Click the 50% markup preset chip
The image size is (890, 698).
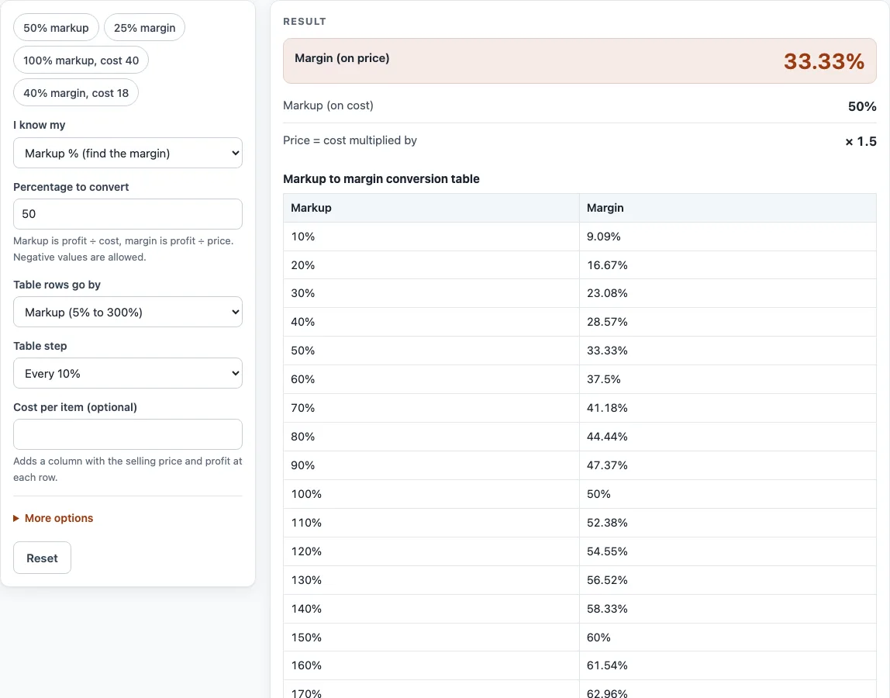tap(56, 28)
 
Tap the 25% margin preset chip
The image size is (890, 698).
tap(145, 28)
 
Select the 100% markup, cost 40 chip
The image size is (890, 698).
tap(81, 60)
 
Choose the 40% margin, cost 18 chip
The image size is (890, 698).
tap(76, 92)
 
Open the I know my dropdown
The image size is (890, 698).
tap(128, 153)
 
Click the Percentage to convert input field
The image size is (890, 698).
tap(128, 214)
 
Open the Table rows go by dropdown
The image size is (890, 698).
tap(128, 312)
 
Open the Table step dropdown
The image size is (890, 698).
tap(128, 373)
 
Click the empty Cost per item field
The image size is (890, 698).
tap(128, 434)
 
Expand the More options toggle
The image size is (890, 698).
tap(53, 518)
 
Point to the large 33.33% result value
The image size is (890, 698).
tap(823, 61)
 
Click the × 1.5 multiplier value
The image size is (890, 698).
tap(861, 141)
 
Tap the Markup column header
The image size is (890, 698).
tap(311, 208)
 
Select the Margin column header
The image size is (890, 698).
tap(605, 208)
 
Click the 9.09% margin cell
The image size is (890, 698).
tap(603, 237)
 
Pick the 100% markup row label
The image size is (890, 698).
tap(306, 494)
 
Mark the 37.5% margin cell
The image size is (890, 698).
tap(603, 378)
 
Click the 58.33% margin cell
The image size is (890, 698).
tap(607, 609)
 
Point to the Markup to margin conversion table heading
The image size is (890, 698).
tap(381, 179)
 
